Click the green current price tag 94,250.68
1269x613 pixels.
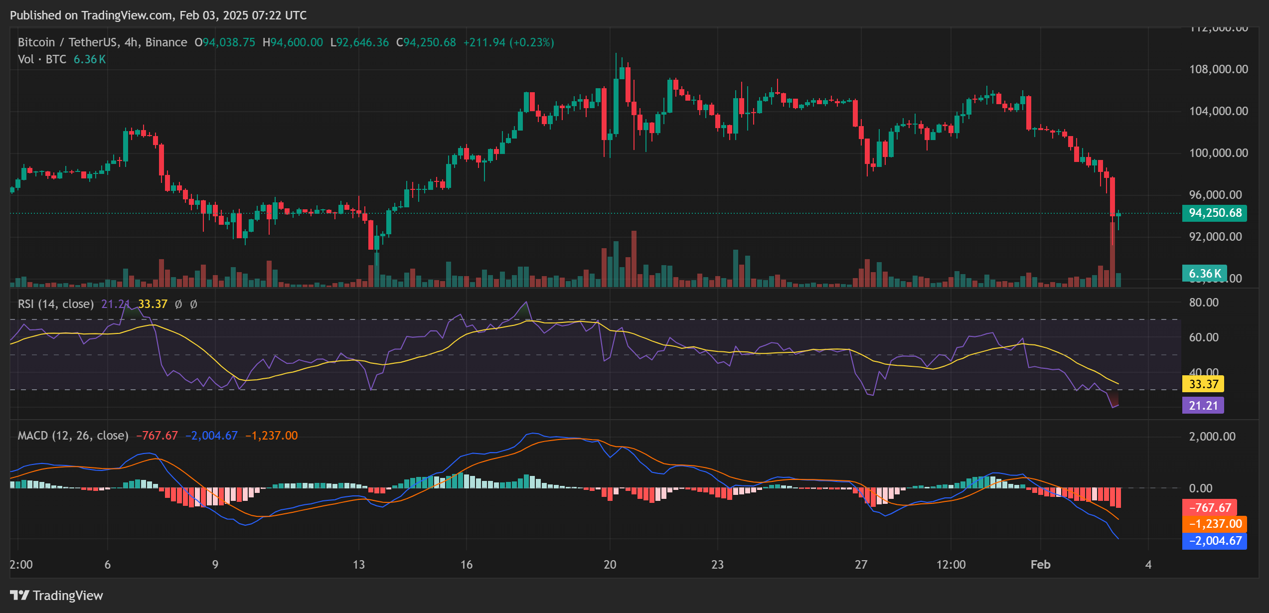[x=1214, y=213]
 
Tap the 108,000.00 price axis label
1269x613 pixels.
[x=1218, y=69]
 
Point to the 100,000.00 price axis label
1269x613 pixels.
[x=1218, y=153]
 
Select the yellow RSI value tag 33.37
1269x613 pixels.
[x=1203, y=384]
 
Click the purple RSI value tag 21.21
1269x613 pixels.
[x=1203, y=406]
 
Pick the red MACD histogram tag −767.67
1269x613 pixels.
[x=1210, y=508]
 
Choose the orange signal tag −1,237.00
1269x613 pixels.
[x=1215, y=524]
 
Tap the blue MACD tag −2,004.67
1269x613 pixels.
[x=1215, y=541]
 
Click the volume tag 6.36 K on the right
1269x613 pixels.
[x=1204, y=274]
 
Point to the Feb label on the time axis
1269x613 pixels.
[x=1040, y=565]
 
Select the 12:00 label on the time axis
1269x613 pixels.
[x=951, y=565]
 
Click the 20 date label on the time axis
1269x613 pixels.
[x=610, y=565]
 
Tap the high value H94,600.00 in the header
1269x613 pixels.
[x=293, y=42]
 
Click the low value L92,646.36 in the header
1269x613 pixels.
[x=359, y=42]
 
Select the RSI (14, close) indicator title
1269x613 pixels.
[x=56, y=304]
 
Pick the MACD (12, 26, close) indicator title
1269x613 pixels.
[x=73, y=436]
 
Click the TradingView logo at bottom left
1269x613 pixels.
[x=56, y=596]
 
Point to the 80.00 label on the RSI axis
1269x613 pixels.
[x=1203, y=303]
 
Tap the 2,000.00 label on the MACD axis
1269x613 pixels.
[x=1212, y=437]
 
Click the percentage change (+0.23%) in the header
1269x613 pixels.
[x=531, y=42]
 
